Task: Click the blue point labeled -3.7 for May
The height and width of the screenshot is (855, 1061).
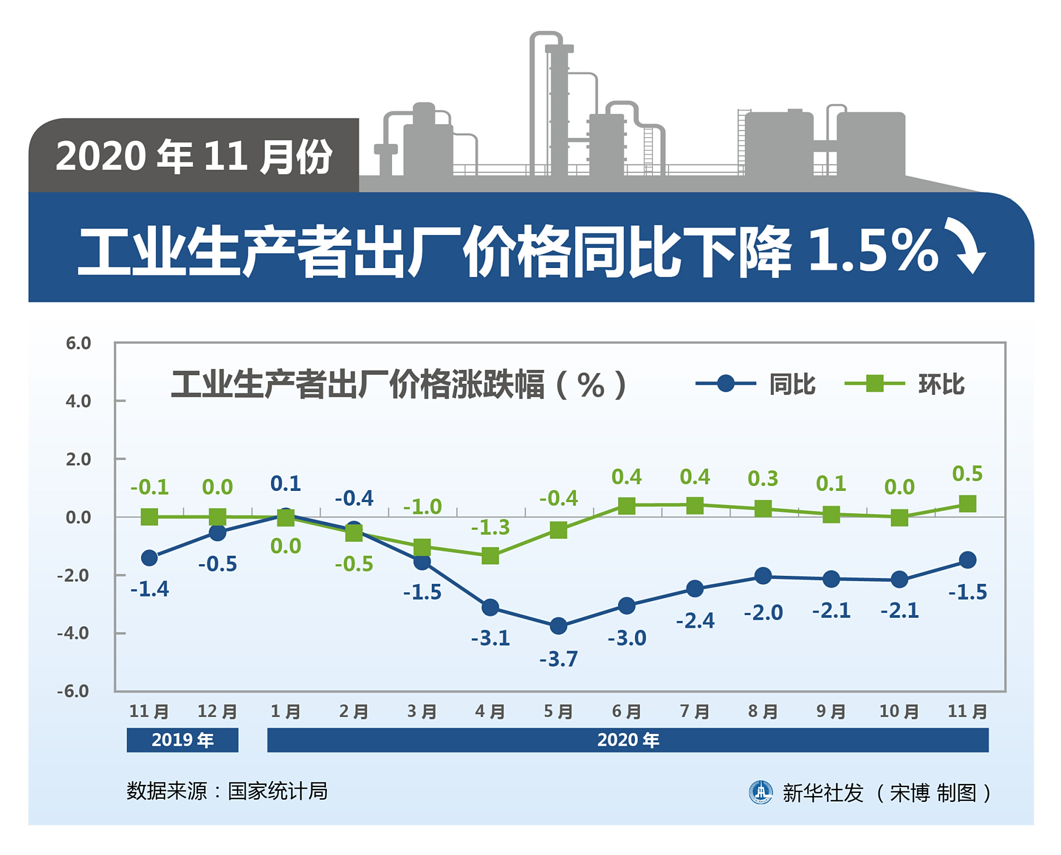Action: [558, 626]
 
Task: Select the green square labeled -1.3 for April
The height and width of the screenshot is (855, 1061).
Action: [490, 556]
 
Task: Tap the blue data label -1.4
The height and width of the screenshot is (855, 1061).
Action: [150, 589]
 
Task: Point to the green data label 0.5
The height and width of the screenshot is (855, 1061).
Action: [967, 473]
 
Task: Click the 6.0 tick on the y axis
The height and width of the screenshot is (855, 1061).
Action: [78, 343]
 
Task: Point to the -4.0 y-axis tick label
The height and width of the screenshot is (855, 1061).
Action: [73, 633]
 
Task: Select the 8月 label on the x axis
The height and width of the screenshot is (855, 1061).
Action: [763, 711]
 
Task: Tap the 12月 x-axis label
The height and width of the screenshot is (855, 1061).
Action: [217, 711]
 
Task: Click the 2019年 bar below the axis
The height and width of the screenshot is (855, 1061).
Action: [182, 740]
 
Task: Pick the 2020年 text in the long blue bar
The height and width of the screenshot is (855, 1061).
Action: [628, 740]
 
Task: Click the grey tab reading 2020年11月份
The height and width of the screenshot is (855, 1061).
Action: [194, 156]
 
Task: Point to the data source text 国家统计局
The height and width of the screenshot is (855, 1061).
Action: [277, 791]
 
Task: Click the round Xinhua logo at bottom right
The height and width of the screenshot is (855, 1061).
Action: [761, 792]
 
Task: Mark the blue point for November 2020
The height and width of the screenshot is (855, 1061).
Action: [968, 560]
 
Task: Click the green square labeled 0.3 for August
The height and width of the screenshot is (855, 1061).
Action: [763, 508]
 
